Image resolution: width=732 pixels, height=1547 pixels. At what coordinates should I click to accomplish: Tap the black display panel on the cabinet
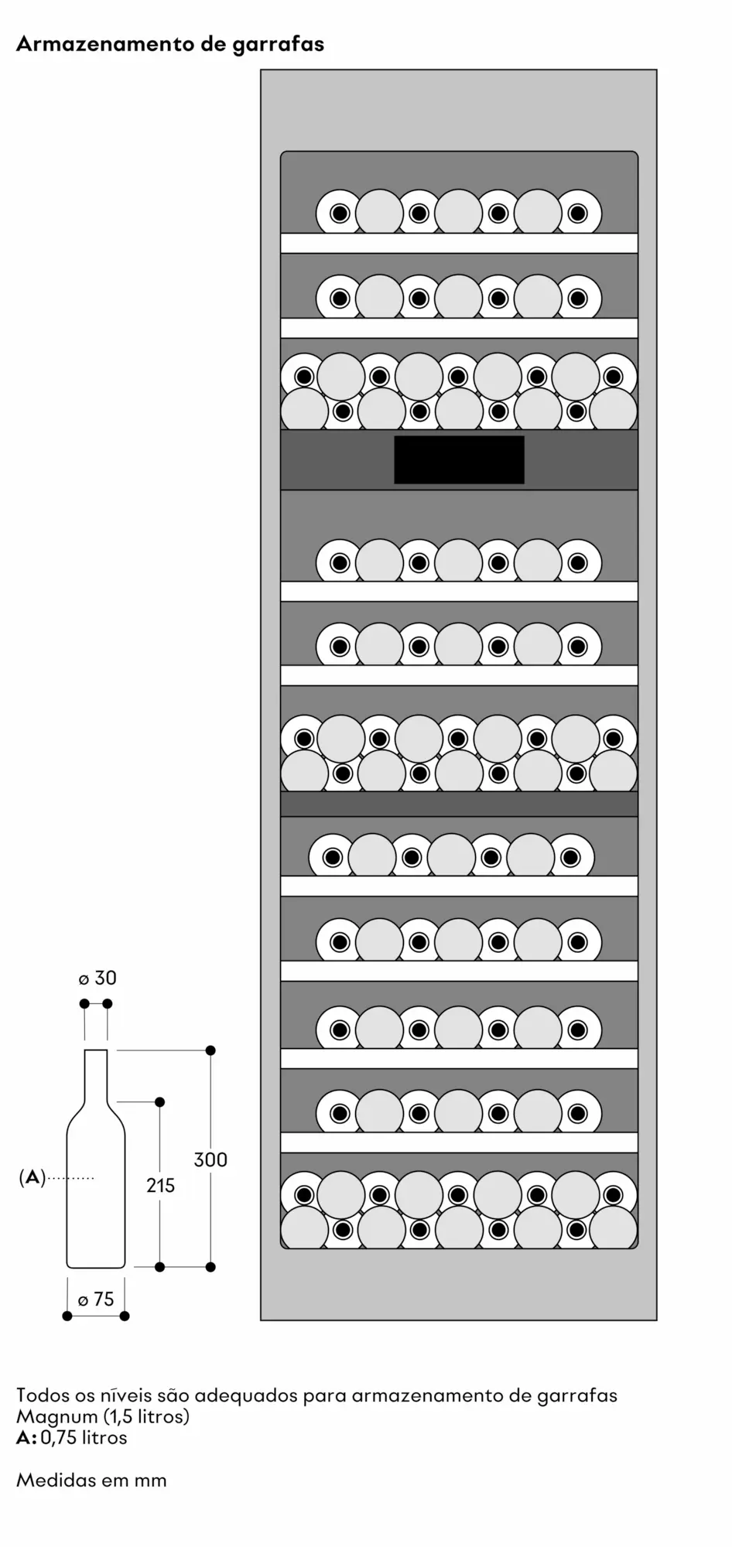tap(459, 459)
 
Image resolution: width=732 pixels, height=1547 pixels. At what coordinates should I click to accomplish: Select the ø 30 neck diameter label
tap(97, 978)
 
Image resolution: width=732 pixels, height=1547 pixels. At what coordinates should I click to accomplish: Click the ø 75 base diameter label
tap(96, 1299)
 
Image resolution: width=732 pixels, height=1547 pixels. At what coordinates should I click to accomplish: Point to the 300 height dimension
tap(210, 1159)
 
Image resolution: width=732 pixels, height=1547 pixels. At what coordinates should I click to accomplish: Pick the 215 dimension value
tap(160, 1184)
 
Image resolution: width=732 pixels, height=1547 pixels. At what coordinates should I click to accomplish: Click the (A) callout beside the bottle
tap(32, 1177)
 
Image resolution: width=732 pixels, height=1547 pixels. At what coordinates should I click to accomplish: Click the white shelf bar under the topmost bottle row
tap(459, 243)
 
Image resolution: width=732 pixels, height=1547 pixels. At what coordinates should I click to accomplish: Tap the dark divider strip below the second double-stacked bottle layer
tap(459, 804)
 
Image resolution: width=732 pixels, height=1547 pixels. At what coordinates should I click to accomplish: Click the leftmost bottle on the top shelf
tap(339, 213)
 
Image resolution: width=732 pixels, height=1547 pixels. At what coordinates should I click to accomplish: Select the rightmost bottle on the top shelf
tap(578, 213)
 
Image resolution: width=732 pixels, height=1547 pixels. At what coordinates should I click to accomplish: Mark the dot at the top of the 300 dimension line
tap(210, 1050)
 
